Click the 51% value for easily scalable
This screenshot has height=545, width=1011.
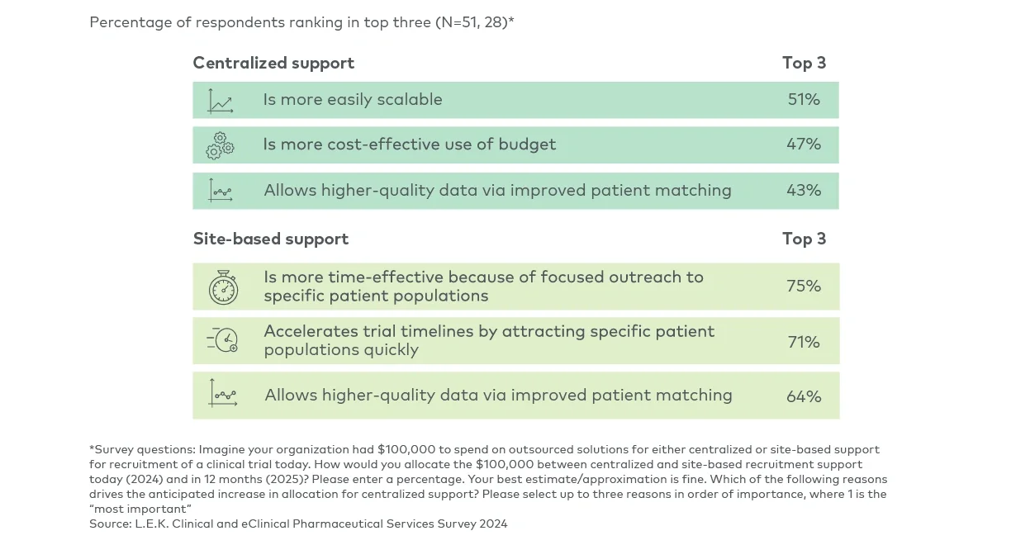(x=804, y=100)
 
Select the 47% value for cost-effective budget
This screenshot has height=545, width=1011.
(x=804, y=145)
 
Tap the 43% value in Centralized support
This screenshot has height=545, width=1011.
(x=804, y=191)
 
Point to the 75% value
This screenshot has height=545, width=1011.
(x=804, y=287)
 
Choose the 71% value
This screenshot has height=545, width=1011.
(x=804, y=342)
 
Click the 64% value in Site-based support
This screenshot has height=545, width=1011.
(x=804, y=396)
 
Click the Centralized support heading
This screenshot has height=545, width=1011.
(x=273, y=64)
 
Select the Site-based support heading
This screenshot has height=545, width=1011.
(x=271, y=239)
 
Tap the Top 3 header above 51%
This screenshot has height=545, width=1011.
(x=804, y=64)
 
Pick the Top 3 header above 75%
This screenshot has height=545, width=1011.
(x=804, y=239)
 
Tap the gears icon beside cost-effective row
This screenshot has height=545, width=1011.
(x=221, y=145)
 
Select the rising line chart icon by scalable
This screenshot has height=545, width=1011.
(x=221, y=101)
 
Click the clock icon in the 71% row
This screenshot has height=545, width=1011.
(x=223, y=340)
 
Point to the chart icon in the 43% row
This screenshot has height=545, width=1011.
(x=221, y=191)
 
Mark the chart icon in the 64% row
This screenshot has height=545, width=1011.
(x=223, y=394)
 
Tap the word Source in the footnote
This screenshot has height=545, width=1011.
(x=110, y=524)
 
